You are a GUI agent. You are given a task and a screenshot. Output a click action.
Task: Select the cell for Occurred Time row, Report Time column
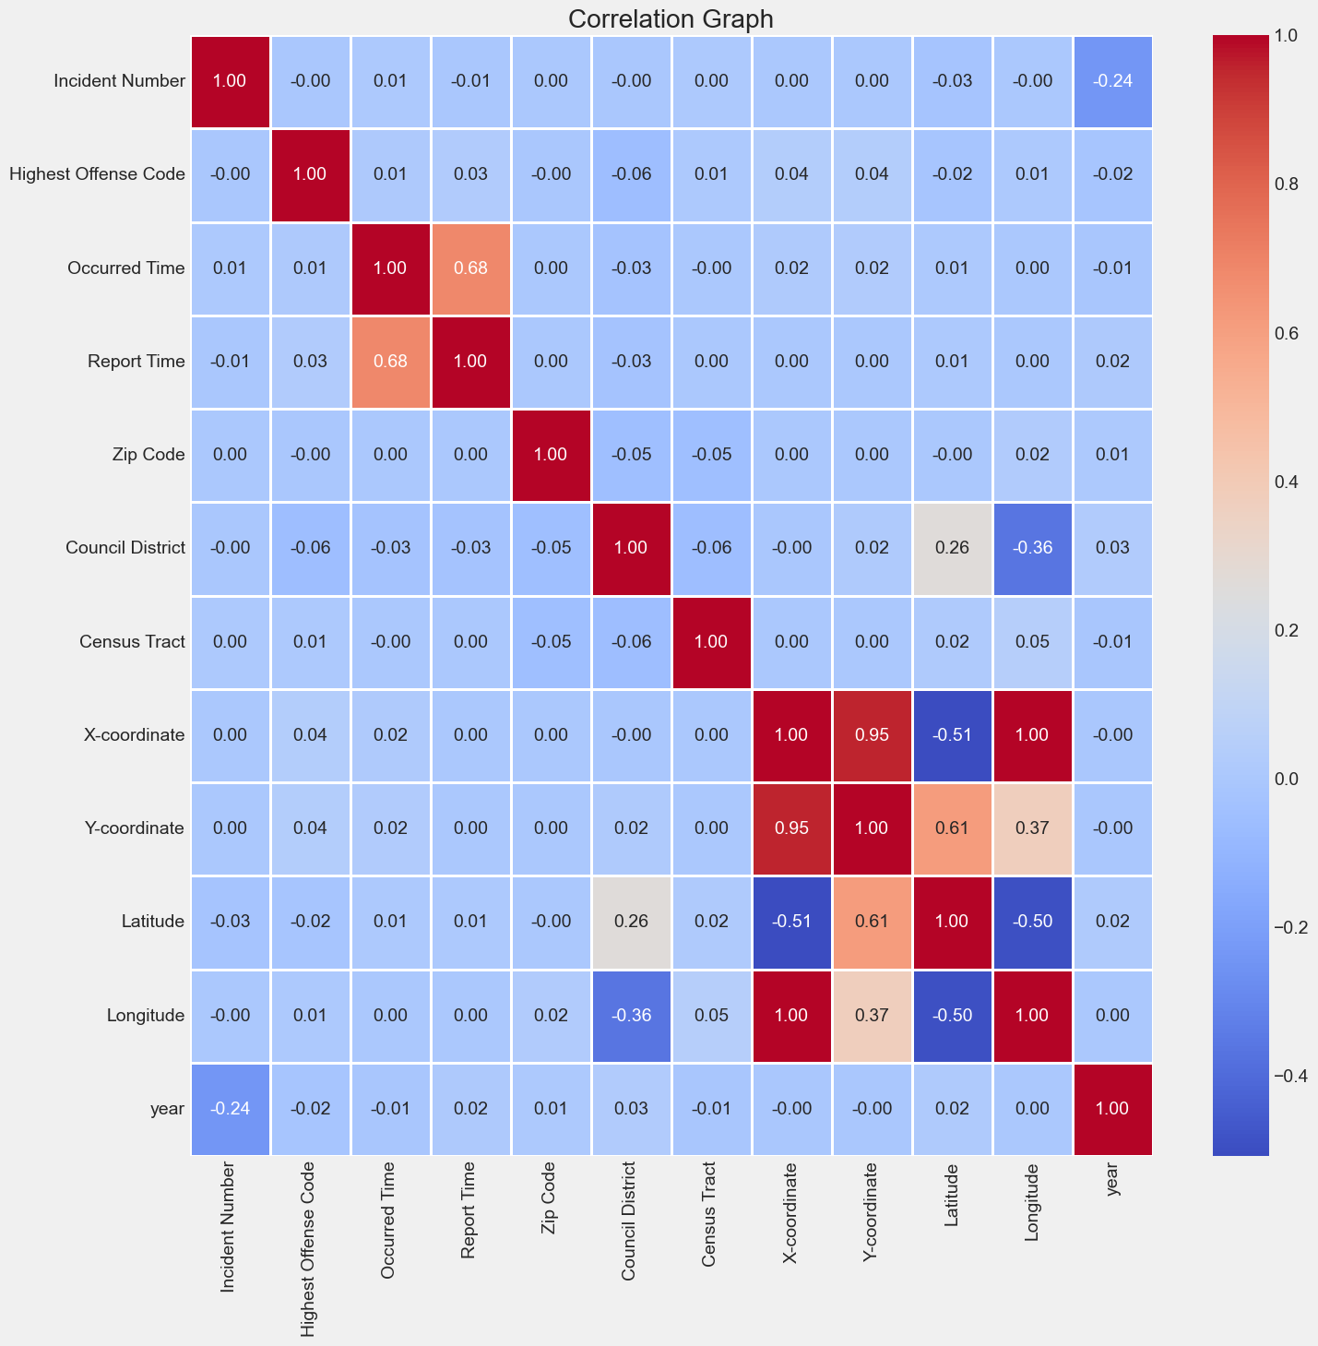click(470, 269)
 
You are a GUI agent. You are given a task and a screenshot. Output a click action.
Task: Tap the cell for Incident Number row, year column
click(1112, 82)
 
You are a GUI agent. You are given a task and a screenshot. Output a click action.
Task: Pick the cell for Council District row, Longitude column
click(1032, 549)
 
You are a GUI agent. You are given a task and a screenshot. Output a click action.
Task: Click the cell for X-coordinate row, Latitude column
click(952, 735)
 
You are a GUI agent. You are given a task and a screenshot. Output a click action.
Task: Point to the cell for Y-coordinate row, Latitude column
click(952, 828)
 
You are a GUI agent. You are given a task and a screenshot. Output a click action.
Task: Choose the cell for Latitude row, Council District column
click(631, 922)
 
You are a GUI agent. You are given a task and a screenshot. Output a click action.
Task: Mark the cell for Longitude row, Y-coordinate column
click(872, 1015)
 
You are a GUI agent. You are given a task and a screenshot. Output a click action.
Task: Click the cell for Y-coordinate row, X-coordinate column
click(791, 828)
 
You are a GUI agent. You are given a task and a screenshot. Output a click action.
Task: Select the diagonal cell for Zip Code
click(551, 455)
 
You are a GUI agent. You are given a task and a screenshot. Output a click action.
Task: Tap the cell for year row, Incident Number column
click(230, 1108)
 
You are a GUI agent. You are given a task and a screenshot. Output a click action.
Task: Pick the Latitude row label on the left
click(158, 922)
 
